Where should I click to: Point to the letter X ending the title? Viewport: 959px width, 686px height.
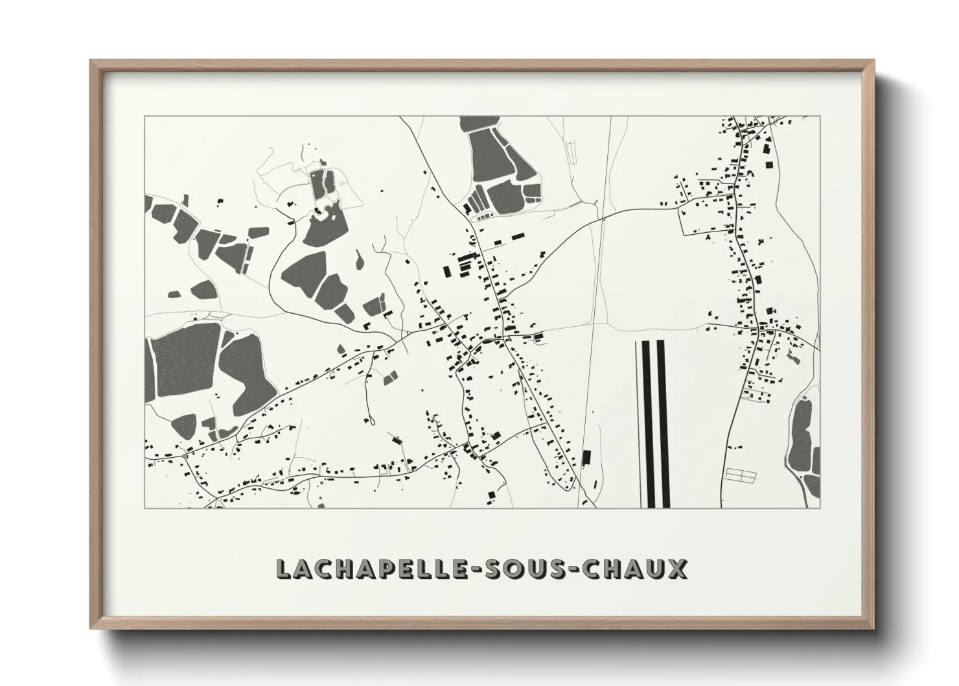[x=676, y=569]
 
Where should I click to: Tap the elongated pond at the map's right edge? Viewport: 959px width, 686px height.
[x=803, y=431]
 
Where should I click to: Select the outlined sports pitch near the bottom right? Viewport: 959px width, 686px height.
[x=741, y=476]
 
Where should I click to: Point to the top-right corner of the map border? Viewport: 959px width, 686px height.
[x=820, y=117]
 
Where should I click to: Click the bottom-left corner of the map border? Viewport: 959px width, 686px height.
[x=144, y=508]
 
